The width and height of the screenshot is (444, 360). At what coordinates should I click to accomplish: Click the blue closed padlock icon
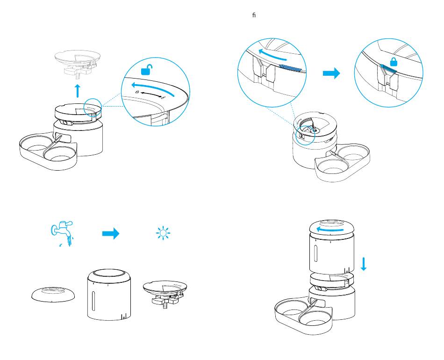point(394,62)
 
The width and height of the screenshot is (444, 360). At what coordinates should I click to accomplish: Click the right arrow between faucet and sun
point(111,234)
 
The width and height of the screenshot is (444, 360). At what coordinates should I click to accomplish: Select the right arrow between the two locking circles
point(331,74)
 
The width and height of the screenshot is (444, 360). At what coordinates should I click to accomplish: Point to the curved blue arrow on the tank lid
point(330,229)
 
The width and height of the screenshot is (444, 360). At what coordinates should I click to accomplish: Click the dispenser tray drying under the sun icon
point(167,292)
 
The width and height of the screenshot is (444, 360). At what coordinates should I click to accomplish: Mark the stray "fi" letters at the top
point(254,15)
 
